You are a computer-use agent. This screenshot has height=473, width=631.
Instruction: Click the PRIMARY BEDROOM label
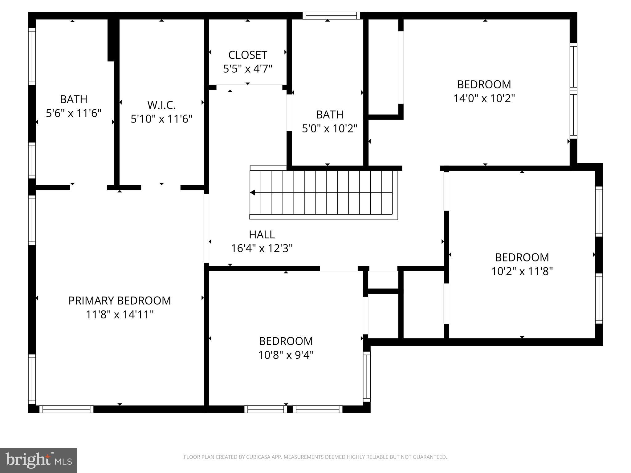pos(120,301)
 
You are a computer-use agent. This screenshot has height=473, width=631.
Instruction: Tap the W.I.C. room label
pos(161,105)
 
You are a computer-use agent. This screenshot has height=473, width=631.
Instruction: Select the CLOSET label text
pos(247,55)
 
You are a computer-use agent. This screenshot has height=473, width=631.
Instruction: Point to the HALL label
pos(262,235)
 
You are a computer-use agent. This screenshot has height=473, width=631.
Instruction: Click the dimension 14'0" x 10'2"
pos(484,99)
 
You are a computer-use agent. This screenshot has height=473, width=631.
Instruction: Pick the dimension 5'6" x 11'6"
pos(74,113)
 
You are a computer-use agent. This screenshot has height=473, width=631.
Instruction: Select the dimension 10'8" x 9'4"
pos(286,355)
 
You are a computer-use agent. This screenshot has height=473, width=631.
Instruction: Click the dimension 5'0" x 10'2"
pos(329,128)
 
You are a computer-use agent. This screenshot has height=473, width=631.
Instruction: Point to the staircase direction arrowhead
pos(253,193)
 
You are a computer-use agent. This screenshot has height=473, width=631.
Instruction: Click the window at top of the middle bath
pos(331,16)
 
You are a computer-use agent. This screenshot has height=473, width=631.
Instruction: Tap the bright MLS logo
pos(39,460)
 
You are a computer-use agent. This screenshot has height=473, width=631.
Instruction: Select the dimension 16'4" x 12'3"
pos(262,248)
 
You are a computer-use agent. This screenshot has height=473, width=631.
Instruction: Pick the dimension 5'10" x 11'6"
pos(161,119)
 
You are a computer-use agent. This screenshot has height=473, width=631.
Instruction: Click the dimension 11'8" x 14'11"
pos(120,315)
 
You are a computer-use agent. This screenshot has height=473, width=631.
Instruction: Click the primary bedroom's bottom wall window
pos(66,409)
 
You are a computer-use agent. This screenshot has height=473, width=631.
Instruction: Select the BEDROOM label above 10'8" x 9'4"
pos(286,341)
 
